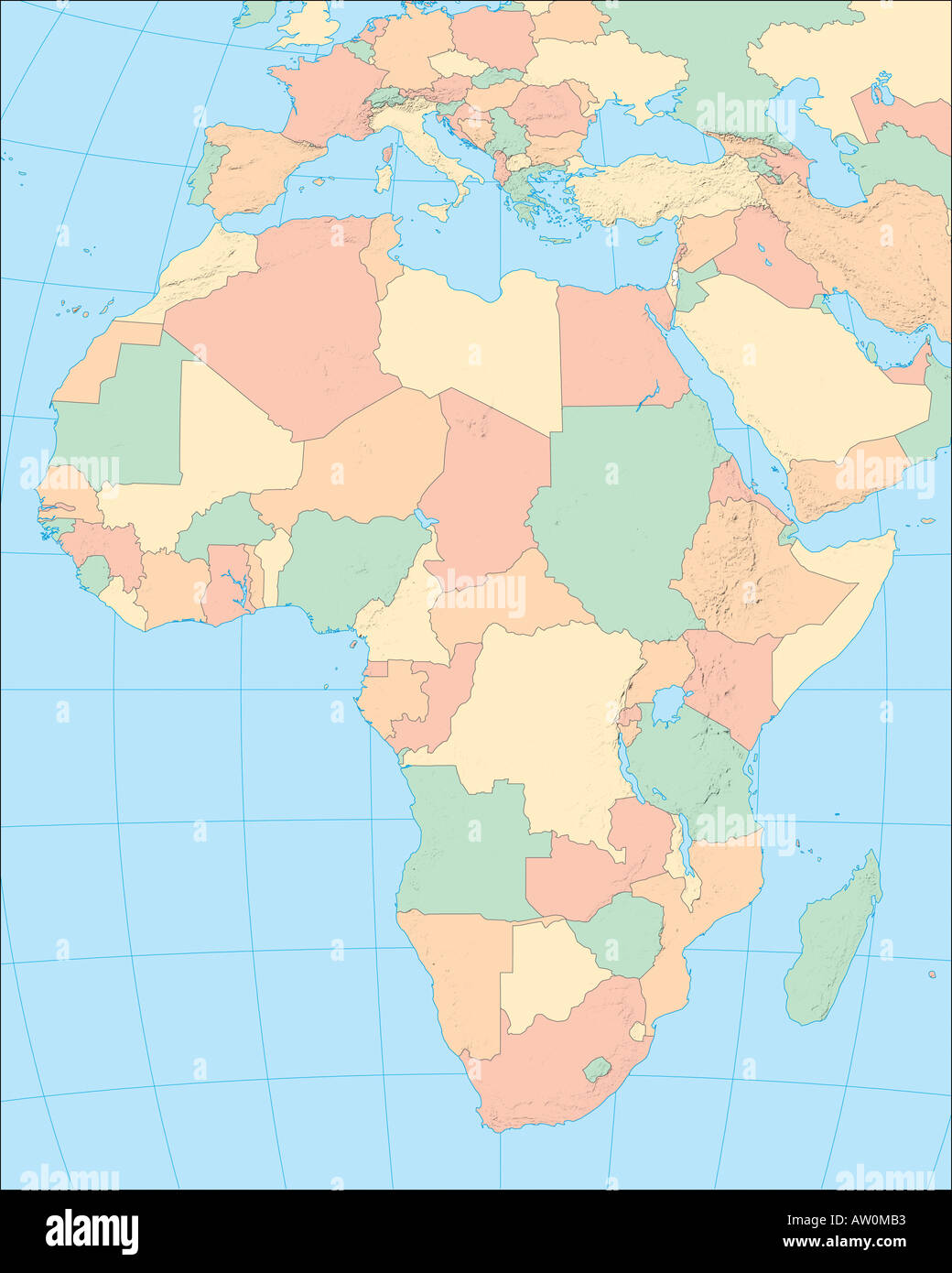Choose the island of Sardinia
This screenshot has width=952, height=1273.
[x=384, y=178]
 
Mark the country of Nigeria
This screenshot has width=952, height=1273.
[x=343, y=563]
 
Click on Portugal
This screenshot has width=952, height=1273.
[x=200, y=175]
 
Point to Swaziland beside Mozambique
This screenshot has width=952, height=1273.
[x=637, y=1032]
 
